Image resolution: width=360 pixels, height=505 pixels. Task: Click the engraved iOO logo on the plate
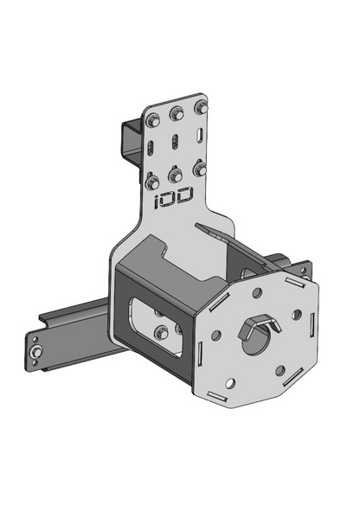[x=174, y=197]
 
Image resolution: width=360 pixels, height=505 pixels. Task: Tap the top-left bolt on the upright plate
[x=153, y=121]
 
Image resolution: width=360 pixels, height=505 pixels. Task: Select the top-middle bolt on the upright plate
[x=177, y=113]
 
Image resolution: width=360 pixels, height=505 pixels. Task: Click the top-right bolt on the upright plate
[x=202, y=107]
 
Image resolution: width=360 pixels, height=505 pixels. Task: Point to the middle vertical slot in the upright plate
[x=175, y=142]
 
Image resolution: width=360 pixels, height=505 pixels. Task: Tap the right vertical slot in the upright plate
[x=200, y=135]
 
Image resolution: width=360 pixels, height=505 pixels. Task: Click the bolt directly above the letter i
[x=152, y=182]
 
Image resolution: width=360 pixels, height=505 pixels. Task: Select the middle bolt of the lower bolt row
[x=176, y=176]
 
